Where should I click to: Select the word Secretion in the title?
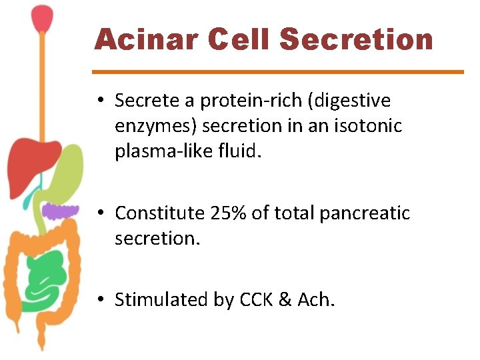(x=357, y=39)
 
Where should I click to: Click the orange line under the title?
(x=277, y=71)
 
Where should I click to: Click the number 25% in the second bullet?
(x=230, y=213)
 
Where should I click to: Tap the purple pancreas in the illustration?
(x=61, y=212)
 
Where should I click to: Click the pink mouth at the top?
(x=43, y=18)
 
